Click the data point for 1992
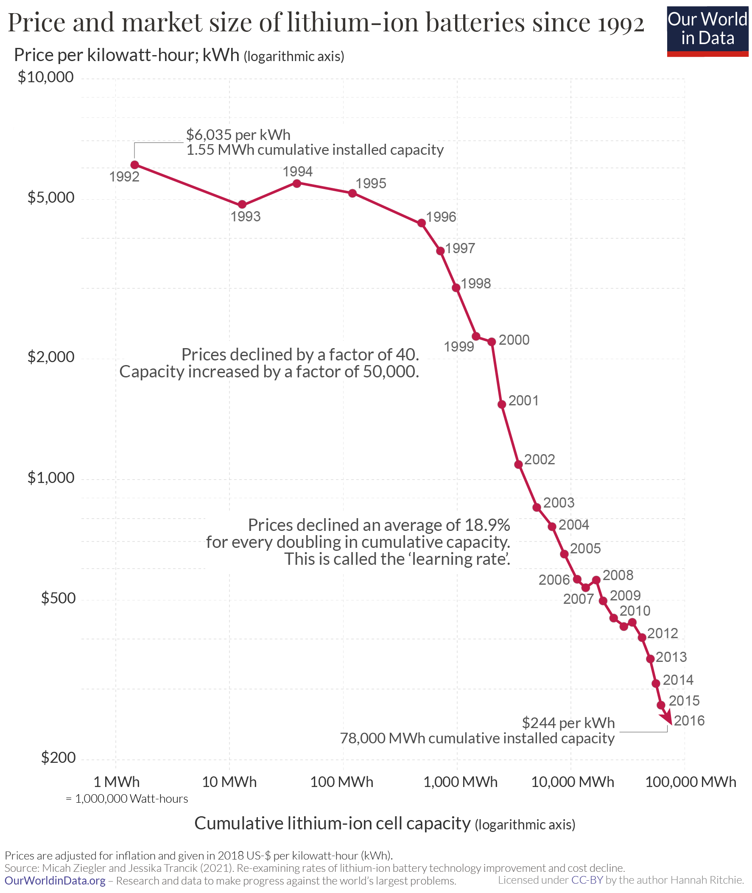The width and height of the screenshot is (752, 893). tap(135, 165)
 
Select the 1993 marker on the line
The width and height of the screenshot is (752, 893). tap(242, 205)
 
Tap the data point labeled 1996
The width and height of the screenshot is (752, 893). tap(422, 223)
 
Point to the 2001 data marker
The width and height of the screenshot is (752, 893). tap(502, 404)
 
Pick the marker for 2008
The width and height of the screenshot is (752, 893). tap(596, 580)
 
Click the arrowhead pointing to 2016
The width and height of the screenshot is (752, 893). tap(667, 720)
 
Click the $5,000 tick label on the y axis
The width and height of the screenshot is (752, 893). tap(51, 197)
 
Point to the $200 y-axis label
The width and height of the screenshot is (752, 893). tap(58, 757)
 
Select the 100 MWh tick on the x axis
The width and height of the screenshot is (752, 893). tap(341, 782)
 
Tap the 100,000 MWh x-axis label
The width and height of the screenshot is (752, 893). tap(690, 782)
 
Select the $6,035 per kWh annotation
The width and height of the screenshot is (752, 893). tap(238, 135)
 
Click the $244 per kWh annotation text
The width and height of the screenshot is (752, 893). tap(568, 723)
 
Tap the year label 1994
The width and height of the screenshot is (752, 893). tap(298, 171)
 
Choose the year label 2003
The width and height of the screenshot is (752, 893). tap(559, 502)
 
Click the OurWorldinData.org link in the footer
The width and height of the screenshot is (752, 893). tap(55, 881)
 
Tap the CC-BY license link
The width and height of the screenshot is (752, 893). tap(587, 880)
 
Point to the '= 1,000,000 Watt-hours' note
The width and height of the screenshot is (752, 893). tap(127, 798)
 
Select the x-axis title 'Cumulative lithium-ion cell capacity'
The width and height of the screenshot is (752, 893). tap(332, 823)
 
